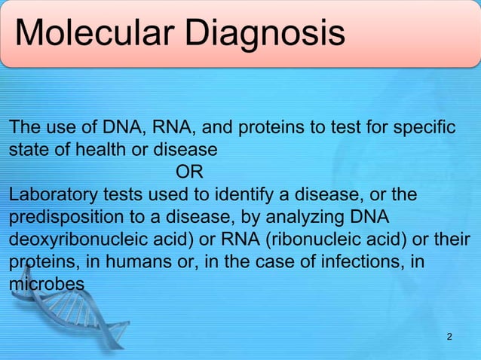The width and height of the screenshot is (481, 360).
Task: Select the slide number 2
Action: click(x=450, y=335)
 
